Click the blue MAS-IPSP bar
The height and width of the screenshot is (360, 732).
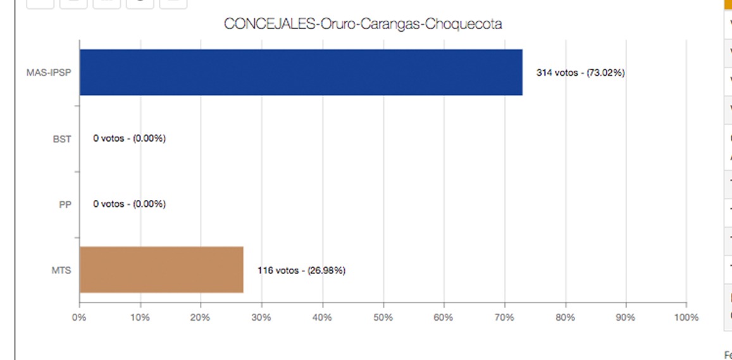pos(301,72)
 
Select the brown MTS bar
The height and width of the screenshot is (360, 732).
pos(161,270)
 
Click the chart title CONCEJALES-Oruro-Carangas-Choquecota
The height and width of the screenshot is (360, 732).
pos(363,24)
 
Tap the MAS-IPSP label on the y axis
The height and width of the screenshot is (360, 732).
pos(48,73)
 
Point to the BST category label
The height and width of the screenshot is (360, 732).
pos(61,139)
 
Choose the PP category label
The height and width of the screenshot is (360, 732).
pos(65,204)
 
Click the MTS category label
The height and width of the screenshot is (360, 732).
pos(61,270)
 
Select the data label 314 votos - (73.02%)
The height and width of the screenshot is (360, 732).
pos(580,73)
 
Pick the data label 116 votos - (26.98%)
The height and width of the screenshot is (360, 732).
pos(301,270)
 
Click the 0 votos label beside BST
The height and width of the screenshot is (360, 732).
pos(129,139)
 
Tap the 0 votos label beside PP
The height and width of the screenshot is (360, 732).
pos(129,204)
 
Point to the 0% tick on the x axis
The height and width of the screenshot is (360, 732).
pos(79,317)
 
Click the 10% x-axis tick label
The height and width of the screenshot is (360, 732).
pos(140,317)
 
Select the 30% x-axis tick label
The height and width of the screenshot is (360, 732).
pos(261,317)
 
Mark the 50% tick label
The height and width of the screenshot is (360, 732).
pos(383,317)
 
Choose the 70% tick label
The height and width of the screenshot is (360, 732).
pos(504,317)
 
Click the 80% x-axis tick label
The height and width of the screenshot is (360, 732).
pos(565,317)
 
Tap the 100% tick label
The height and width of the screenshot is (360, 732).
pos(686,317)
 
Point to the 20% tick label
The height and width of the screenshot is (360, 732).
pos(201,317)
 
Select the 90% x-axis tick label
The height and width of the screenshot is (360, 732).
pos(626,317)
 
